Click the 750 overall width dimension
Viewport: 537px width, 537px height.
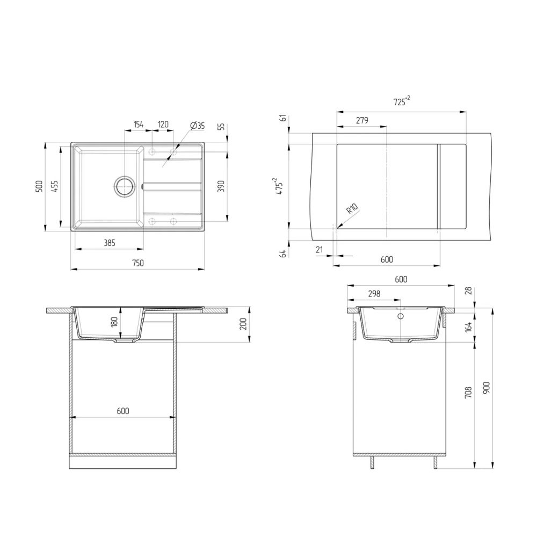[x=138, y=263]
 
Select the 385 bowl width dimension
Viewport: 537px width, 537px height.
[x=109, y=243]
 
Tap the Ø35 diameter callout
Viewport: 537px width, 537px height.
[x=197, y=126]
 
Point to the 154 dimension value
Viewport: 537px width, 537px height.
[x=138, y=125]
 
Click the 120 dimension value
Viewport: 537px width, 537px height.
[x=163, y=125]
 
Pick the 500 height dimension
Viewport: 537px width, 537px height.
[x=38, y=186]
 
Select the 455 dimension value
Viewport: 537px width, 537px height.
[x=54, y=186]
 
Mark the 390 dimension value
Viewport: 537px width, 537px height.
[x=221, y=186]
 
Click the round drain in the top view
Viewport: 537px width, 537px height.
[x=124, y=186]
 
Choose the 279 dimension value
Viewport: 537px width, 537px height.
[x=361, y=121]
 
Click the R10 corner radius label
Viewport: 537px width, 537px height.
[x=352, y=209]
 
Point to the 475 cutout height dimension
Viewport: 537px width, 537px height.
[x=279, y=186]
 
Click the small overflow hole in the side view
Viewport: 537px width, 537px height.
[x=400, y=316]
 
